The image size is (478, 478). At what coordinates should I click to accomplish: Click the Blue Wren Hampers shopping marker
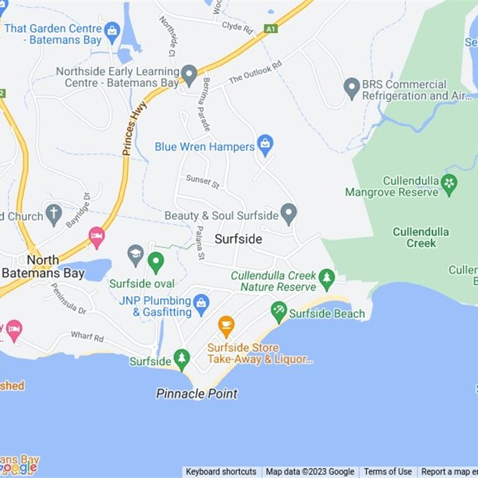(265, 144)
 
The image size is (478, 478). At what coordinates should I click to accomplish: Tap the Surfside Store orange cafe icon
(226, 326)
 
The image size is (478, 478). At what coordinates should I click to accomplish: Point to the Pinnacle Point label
(197, 394)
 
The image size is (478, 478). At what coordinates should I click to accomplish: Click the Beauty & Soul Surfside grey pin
(289, 213)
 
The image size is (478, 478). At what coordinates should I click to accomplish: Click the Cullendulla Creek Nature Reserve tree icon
(326, 278)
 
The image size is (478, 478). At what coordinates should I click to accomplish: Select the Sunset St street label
(203, 182)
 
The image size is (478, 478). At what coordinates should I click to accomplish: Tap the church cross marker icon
(54, 213)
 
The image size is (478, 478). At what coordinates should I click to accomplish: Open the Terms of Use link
(388, 471)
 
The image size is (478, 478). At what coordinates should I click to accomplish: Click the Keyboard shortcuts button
(221, 471)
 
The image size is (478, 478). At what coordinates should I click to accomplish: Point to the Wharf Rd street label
(87, 337)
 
